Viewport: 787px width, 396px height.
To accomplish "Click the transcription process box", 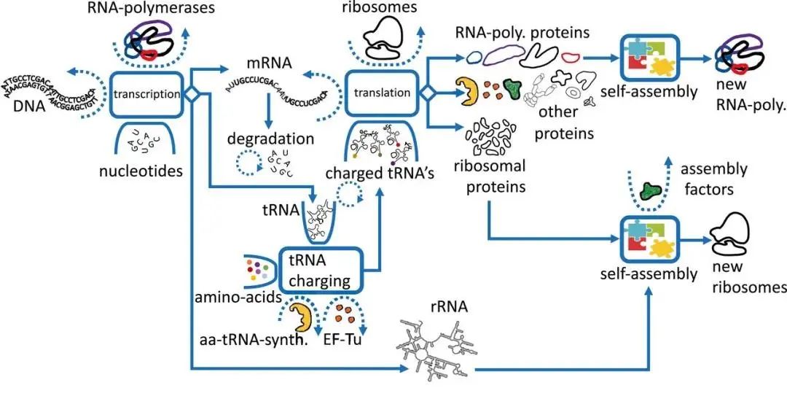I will [147, 93].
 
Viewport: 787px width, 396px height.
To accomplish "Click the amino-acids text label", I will [234, 299].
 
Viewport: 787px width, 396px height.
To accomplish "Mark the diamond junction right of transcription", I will [192, 93].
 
